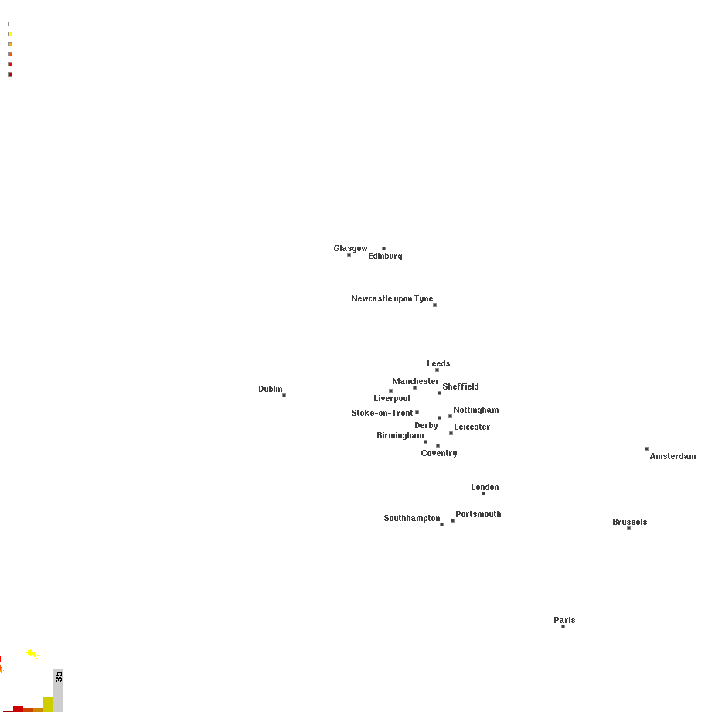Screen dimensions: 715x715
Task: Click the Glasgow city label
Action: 350,248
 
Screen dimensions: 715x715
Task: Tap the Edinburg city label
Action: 385,256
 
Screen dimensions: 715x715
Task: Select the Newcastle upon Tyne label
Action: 392,298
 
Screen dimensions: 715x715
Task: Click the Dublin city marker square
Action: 284,395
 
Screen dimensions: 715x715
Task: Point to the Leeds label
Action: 438,363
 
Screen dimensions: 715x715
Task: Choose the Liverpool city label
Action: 392,398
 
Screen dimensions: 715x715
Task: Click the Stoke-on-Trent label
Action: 382,413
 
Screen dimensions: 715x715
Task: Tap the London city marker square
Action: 483,493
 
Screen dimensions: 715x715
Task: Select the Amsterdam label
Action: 672,456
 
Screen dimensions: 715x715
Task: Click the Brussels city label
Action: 629,522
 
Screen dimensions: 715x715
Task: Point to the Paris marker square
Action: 563,626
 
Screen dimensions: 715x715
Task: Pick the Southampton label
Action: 411,518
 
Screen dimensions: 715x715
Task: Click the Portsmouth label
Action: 478,514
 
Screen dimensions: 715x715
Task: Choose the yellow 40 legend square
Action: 10,34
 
